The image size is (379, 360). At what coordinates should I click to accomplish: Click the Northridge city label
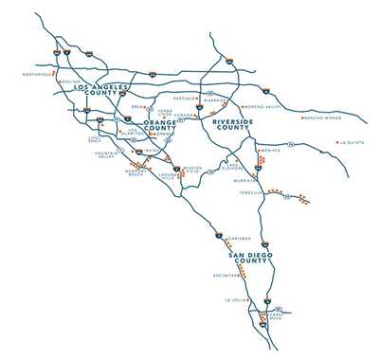tap(34, 72)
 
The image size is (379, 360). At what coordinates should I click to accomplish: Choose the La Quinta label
tap(354, 143)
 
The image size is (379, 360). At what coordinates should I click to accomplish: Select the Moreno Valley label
tap(262, 107)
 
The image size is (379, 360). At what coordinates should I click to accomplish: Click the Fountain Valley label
tap(102, 155)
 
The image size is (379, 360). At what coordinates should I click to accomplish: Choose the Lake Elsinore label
tap(234, 167)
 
